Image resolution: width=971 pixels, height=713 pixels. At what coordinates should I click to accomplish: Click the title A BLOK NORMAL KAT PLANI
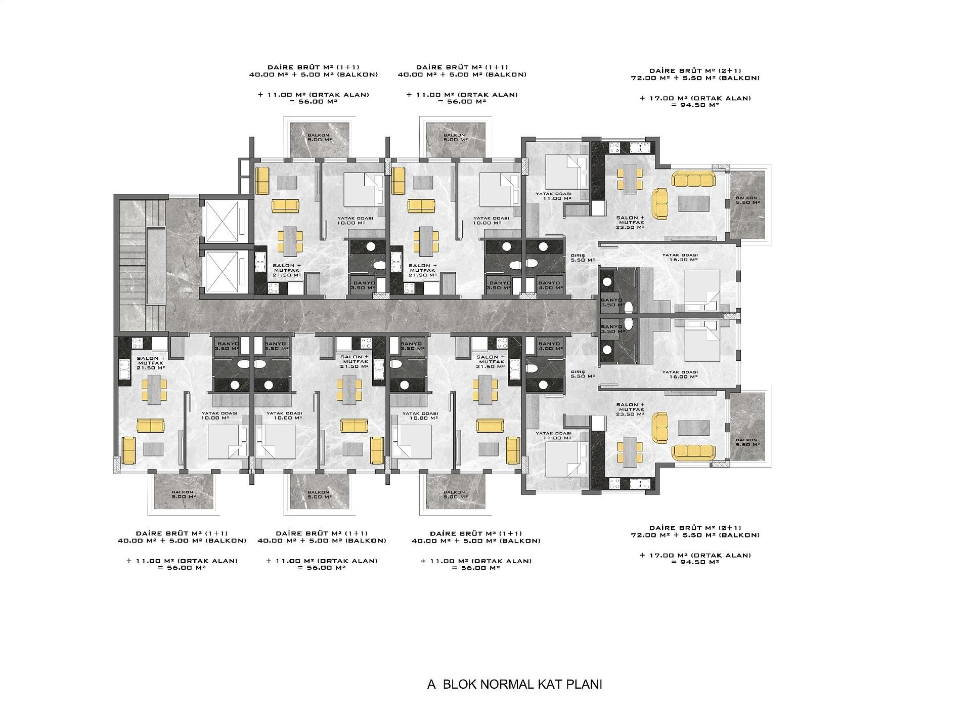(x=514, y=685)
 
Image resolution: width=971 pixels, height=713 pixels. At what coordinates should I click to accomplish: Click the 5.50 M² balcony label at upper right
(x=746, y=200)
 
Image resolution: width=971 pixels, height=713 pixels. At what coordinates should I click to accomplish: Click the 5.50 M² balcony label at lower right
(x=746, y=442)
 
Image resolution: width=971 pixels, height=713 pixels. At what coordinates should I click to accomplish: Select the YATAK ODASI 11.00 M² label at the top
(x=554, y=196)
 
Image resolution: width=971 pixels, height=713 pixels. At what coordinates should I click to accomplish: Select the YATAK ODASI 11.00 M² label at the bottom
(x=554, y=435)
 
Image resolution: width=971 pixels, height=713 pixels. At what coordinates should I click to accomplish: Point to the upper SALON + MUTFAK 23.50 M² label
(x=630, y=223)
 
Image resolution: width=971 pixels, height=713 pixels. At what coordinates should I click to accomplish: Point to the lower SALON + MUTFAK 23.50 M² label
(x=630, y=409)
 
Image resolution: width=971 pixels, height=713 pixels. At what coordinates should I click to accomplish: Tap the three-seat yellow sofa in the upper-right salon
(x=693, y=180)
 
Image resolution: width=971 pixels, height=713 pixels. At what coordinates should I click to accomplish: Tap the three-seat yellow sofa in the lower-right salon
(x=693, y=452)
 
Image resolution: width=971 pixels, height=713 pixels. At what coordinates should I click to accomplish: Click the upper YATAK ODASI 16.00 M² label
(x=680, y=257)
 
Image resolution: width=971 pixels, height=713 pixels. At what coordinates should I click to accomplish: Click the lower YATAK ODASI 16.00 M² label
(x=680, y=374)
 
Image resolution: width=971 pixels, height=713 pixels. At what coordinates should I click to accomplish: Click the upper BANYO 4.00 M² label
(x=550, y=285)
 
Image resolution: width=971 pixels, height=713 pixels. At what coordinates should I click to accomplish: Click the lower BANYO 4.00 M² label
(x=550, y=346)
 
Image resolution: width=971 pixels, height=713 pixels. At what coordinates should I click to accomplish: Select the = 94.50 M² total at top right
(x=695, y=105)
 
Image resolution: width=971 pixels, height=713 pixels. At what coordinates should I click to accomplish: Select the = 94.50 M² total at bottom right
(x=695, y=562)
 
